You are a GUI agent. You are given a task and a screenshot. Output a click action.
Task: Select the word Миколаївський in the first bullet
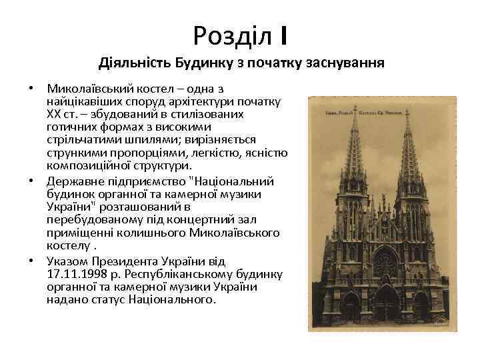pyautogui.click(x=86, y=89)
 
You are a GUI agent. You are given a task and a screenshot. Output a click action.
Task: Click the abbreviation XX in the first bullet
pyautogui.click(x=54, y=115)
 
